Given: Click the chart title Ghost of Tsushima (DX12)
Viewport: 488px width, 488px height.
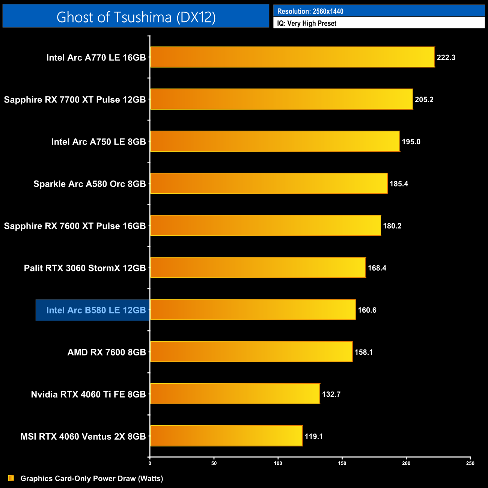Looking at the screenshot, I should (x=136, y=17).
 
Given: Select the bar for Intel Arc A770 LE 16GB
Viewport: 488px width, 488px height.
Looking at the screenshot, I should (x=292, y=57).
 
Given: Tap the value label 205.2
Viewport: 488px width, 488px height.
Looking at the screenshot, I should (x=424, y=99).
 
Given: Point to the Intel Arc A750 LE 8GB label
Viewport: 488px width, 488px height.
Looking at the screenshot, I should (x=98, y=142).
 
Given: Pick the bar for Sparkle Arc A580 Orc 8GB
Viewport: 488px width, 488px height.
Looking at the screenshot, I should (x=269, y=183).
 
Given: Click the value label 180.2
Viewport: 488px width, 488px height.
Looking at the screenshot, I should (x=392, y=226).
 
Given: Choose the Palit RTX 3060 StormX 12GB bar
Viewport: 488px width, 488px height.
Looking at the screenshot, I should (x=258, y=268).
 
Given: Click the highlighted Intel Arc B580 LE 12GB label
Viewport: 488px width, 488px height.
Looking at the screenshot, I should (x=96, y=310).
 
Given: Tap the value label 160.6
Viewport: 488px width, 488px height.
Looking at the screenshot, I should (x=367, y=310).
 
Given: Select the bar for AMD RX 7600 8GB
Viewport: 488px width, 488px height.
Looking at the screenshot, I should (x=252, y=352).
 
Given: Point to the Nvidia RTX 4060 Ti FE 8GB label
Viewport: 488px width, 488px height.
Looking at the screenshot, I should (x=88, y=395).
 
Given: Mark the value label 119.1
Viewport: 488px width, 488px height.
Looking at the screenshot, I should (x=314, y=437).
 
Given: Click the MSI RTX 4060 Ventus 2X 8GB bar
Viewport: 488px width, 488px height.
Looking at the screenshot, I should (x=226, y=436).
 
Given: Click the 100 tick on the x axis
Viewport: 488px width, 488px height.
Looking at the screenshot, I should (x=278, y=463).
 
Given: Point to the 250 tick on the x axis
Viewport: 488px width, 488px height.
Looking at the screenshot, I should (x=470, y=463).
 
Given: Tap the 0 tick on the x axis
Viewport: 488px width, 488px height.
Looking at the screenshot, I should (x=150, y=463).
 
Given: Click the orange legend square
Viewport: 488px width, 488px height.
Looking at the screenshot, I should (x=11, y=478).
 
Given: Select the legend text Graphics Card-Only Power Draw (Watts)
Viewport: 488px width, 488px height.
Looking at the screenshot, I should (x=92, y=479).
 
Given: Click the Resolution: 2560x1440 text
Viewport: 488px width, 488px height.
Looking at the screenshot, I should (x=310, y=11).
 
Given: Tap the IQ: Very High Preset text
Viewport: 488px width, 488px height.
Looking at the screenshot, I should (x=307, y=23).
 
